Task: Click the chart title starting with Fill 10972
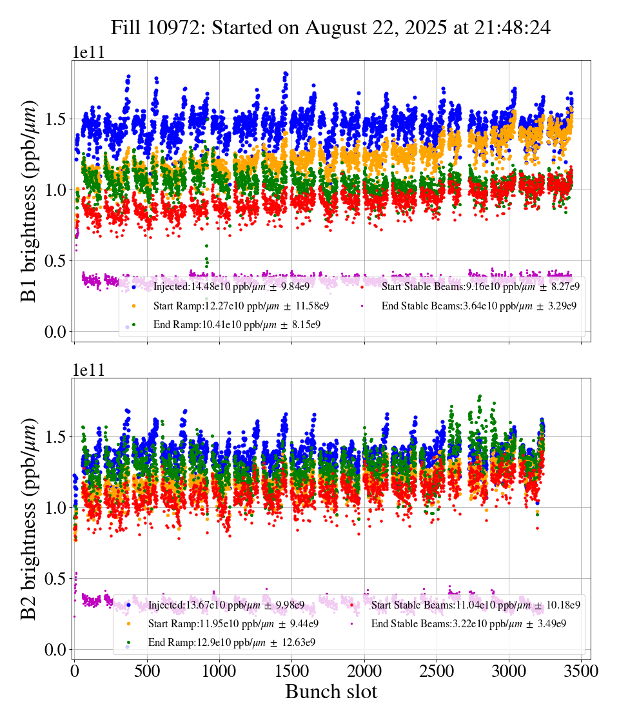[330, 28]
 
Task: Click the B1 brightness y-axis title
[28, 201]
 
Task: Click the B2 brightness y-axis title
[28, 519]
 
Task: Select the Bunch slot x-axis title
[331, 692]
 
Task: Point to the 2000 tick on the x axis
[364, 670]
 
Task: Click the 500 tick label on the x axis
[147, 670]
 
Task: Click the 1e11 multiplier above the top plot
[88, 53]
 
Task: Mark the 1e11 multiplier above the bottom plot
[88, 371]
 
